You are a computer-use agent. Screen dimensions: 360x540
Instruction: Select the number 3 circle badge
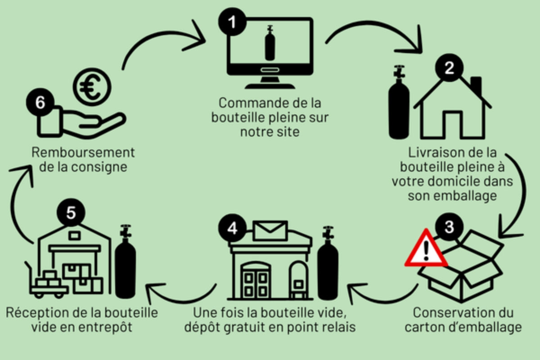click(x=448, y=227)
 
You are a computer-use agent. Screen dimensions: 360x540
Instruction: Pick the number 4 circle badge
click(x=232, y=228)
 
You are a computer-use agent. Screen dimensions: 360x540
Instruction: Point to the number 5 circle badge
click(x=71, y=213)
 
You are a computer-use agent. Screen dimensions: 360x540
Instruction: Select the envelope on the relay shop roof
click(x=270, y=231)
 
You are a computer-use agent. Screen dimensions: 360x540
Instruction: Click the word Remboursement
click(x=83, y=152)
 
